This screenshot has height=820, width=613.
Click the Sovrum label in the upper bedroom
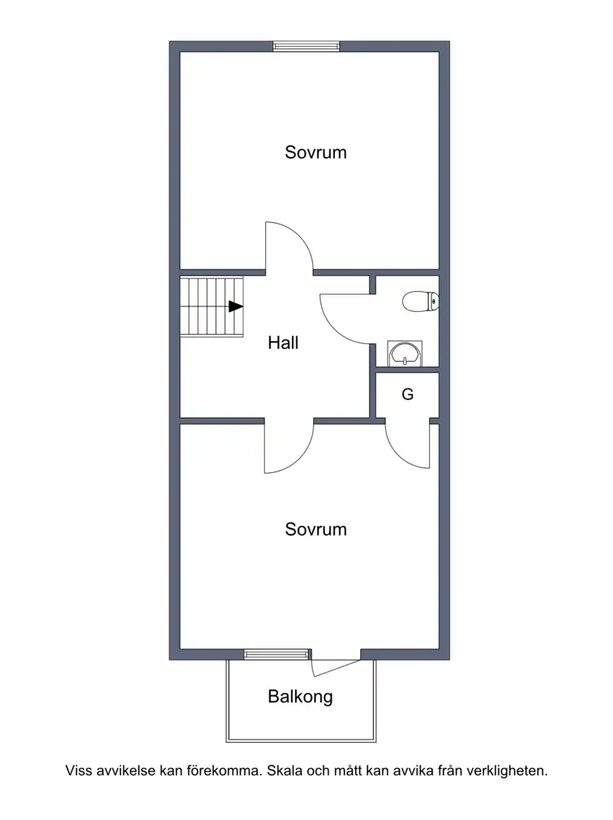coord(316,153)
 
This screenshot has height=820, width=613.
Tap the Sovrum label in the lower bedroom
coord(316,530)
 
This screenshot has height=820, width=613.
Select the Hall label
coord(283,343)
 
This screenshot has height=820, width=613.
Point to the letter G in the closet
coord(408,394)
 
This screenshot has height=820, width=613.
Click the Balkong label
coord(300,697)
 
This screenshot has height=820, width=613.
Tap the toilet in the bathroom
coord(421,302)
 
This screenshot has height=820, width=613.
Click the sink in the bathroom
coord(405,353)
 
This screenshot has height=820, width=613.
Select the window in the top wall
coord(306,47)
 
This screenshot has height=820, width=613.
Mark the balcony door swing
coord(336,667)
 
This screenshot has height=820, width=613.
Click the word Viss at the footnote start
coord(78,771)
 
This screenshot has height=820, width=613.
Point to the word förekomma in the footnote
coord(223,771)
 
